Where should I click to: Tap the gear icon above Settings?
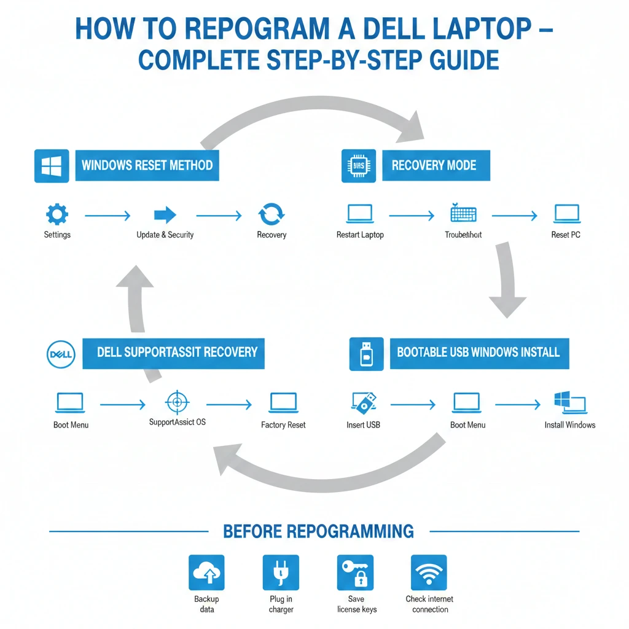tap(57, 215)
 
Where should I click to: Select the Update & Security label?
tap(165, 235)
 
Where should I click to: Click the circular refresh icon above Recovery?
tap(271, 215)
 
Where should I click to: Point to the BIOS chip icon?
tap(358, 165)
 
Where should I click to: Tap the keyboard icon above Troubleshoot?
tap(463, 214)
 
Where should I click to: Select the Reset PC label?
tap(566, 235)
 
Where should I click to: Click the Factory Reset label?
tap(283, 424)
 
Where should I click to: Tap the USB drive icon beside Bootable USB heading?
tap(366, 354)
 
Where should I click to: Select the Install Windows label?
tap(569, 424)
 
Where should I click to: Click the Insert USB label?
tap(363, 424)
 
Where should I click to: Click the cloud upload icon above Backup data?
tap(206, 572)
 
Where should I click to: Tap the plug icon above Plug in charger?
tap(281, 572)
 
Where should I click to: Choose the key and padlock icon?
tap(355, 572)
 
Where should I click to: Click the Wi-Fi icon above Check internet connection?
tap(429, 572)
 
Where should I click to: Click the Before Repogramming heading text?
tap(318, 531)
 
